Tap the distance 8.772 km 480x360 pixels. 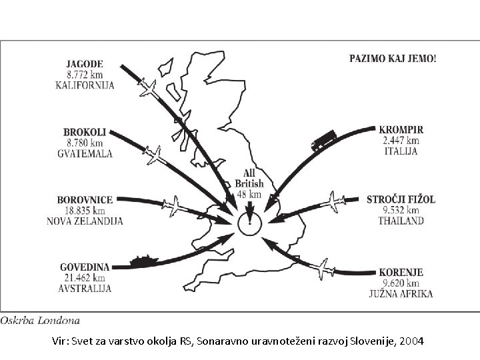[85, 75]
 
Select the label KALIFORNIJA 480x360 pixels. [85, 85]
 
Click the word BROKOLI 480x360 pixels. [84, 133]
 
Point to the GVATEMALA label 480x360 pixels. [84, 153]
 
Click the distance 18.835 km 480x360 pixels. [85, 210]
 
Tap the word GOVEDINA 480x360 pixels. [85, 267]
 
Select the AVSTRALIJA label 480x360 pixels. [85, 288]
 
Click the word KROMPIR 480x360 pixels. [401, 130]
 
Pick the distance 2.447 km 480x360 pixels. [401, 141]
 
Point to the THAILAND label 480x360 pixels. [400, 220]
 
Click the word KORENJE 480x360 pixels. [401, 273]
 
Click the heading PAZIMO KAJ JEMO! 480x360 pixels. [393, 58]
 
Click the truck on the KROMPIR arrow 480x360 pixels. [322, 141]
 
